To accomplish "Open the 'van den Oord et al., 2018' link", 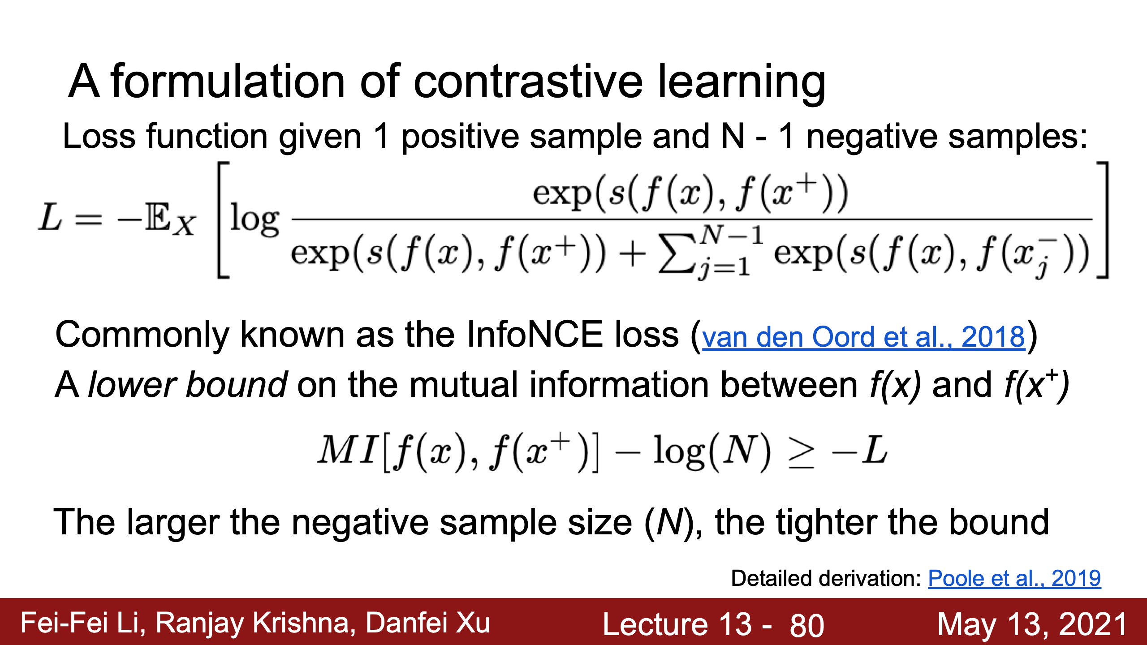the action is coord(863,337).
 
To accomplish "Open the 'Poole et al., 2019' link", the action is coord(1014,578).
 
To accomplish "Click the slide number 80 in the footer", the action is coord(807,625).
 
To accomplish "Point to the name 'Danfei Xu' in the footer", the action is coord(428,623).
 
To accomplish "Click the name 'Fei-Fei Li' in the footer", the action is coord(83,623).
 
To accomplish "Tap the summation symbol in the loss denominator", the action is coord(677,256).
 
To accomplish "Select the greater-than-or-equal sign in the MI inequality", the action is coord(801,452).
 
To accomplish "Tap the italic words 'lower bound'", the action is coord(188,384).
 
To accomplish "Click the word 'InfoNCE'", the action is coord(535,335).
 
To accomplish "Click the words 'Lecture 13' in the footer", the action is coord(677,624).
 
